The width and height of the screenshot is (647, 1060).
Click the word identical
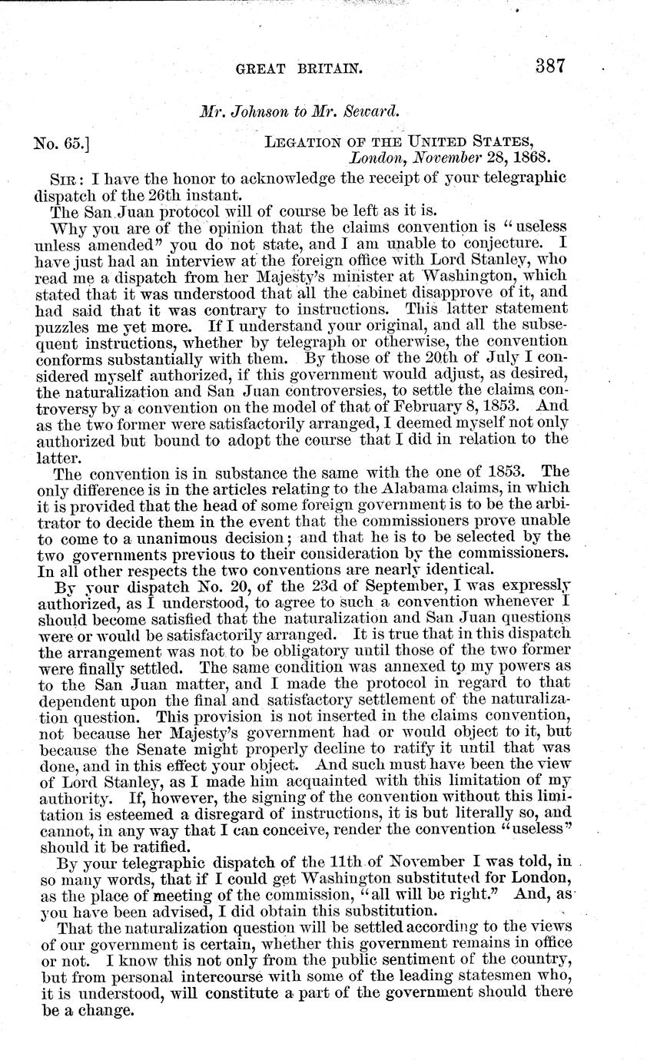click(454, 569)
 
